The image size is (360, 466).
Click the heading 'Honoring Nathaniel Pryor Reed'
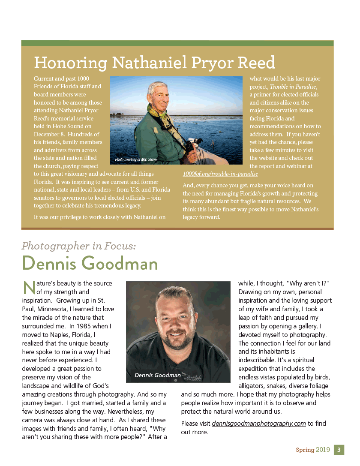(x=154, y=63)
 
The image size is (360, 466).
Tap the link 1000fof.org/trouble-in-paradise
(x=220, y=174)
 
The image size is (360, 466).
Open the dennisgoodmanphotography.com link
(x=259, y=424)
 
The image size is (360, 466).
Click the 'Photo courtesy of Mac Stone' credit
(x=136, y=160)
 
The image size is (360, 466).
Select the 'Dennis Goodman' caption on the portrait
(x=158, y=375)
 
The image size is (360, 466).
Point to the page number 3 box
(x=339, y=450)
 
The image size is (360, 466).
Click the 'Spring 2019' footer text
(x=313, y=450)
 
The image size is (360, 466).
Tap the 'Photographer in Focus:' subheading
(x=79, y=246)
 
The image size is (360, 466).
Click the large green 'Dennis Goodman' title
(x=90, y=263)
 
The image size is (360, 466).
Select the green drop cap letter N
(x=28, y=287)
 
